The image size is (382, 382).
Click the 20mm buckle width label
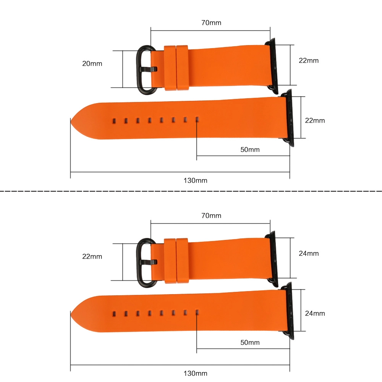tap(92, 63)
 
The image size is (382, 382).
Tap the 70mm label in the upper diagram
tap(211, 23)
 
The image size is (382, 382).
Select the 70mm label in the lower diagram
tap(211, 215)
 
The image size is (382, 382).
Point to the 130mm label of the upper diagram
tap(195, 181)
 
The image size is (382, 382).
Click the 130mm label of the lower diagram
tap(195, 373)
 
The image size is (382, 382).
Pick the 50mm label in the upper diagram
tap(250, 150)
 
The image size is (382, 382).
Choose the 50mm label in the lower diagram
tap(250, 343)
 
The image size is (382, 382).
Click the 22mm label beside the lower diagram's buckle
tap(92, 257)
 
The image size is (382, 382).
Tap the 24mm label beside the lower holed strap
tap(315, 313)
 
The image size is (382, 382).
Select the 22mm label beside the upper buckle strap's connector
tap(309, 60)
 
